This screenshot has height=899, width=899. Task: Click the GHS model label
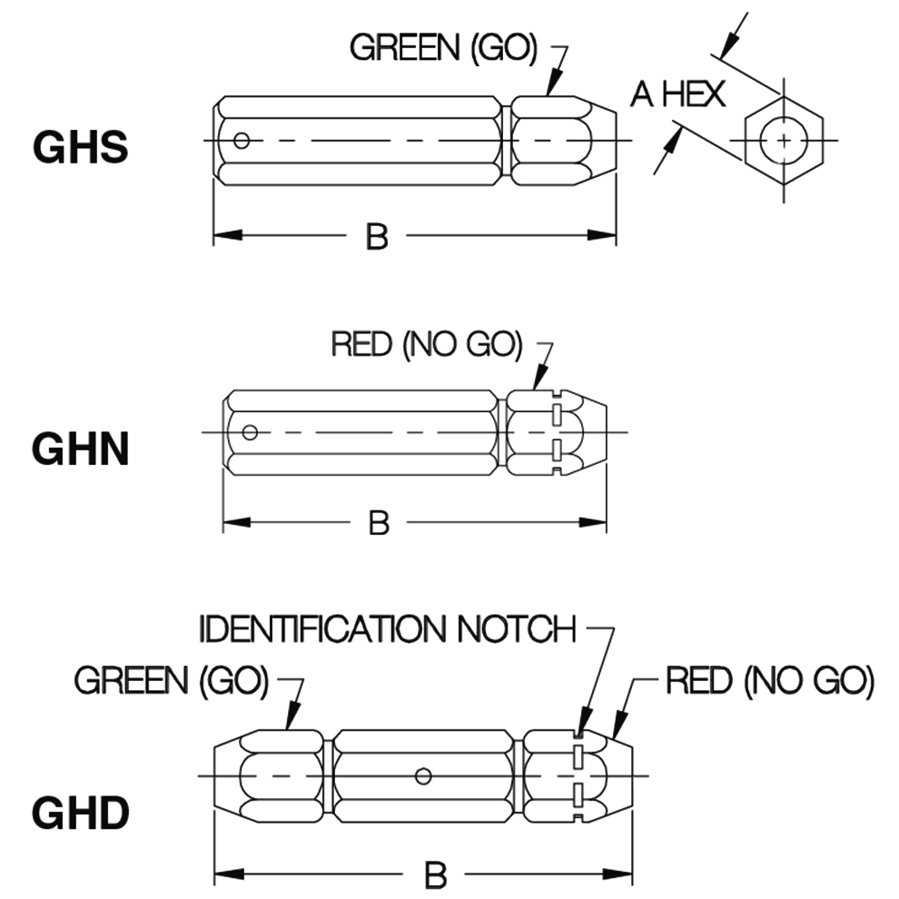[80, 147]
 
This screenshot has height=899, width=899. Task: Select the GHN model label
[81, 449]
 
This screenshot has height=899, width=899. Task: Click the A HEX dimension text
[678, 94]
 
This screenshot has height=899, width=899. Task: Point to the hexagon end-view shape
[783, 142]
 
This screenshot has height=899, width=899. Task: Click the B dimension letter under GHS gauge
[377, 237]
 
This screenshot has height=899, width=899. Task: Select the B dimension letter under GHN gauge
[379, 522]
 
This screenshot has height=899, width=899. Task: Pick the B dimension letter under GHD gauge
[436, 875]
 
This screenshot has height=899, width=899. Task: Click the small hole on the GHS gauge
[241, 141]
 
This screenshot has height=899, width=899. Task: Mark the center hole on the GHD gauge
[421, 776]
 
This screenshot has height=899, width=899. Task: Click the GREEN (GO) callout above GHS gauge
[444, 48]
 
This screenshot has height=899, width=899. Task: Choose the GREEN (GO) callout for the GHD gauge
[172, 681]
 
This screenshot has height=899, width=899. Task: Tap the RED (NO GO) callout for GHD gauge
[769, 680]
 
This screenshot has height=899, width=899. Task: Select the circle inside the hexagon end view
[783, 142]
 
